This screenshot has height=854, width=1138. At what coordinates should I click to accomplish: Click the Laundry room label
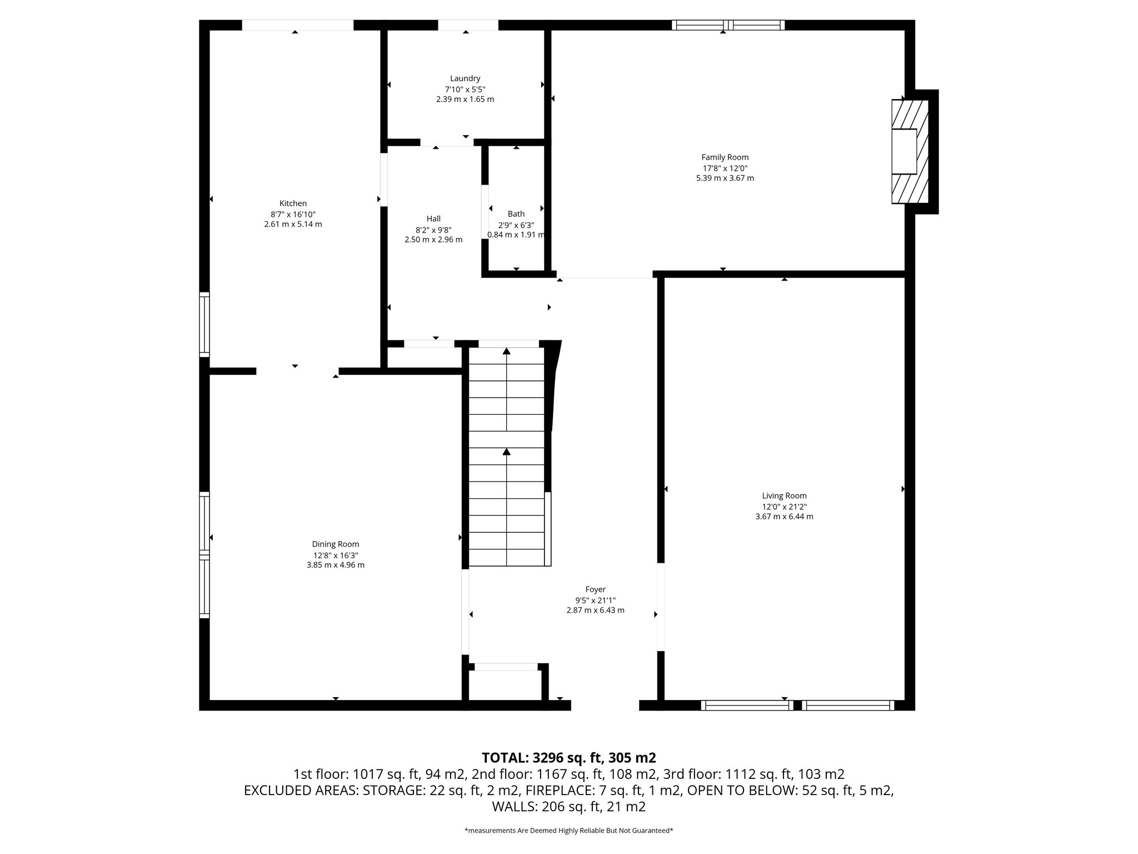click(465, 79)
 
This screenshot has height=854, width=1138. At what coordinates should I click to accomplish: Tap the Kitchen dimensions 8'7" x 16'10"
click(293, 214)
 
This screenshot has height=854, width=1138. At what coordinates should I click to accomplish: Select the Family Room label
click(725, 157)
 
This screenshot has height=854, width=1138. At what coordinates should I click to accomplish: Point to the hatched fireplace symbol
click(910, 151)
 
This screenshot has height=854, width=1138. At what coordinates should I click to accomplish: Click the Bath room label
click(516, 214)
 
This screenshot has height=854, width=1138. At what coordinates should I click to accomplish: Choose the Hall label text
click(433, 219)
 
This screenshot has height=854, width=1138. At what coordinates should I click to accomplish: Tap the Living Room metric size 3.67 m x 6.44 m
click(784, 517)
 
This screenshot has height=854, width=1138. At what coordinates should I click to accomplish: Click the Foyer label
click(595, 589)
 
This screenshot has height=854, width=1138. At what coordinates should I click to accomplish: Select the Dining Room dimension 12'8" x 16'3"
click(336, 555)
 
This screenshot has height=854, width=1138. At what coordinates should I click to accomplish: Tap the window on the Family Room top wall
click(727, 25)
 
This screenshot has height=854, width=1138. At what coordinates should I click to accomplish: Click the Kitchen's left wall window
click(204, 324)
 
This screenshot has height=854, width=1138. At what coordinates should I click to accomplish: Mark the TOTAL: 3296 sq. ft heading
click(568, 758)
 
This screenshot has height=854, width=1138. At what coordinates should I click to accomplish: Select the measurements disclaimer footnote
click(568, 831)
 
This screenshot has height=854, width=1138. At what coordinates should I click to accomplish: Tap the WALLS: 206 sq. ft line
click(568, 807)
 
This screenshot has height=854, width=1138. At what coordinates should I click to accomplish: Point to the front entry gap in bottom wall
click(605, 706)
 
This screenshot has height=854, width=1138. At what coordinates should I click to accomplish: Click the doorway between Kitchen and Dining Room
click(297, 371)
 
